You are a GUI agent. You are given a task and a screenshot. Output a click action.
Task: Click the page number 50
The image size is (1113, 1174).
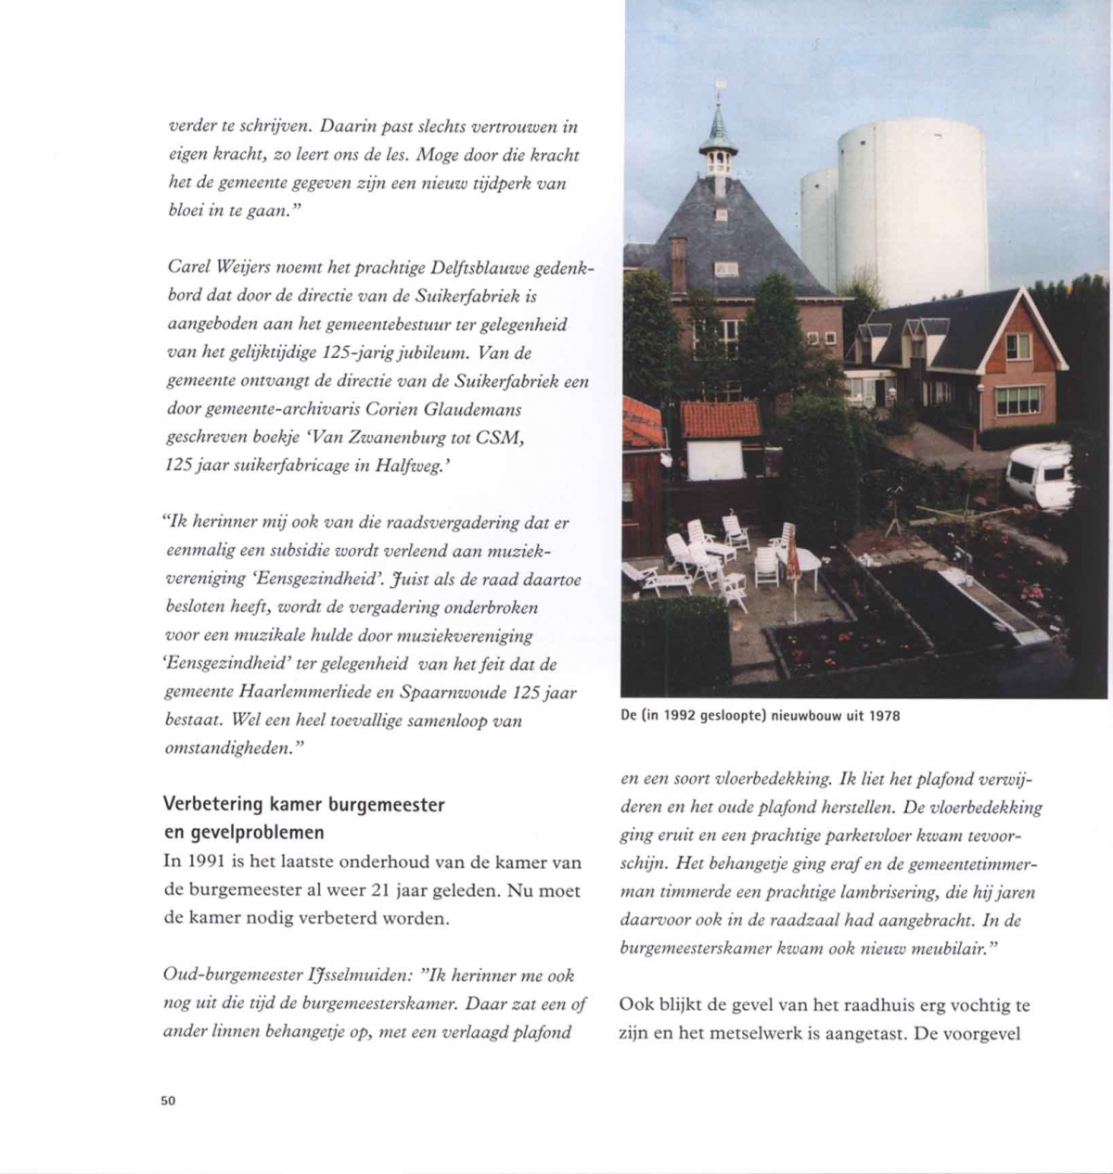(168, 1101)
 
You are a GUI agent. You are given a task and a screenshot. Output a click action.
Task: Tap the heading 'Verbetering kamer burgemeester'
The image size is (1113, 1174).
(303, 805)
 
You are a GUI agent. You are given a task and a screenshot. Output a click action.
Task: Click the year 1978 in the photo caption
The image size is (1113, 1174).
(884, 716)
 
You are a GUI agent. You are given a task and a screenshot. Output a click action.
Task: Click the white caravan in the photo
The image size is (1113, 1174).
(1039, 474)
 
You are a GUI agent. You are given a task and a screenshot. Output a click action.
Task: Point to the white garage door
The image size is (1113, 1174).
(715, 460)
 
